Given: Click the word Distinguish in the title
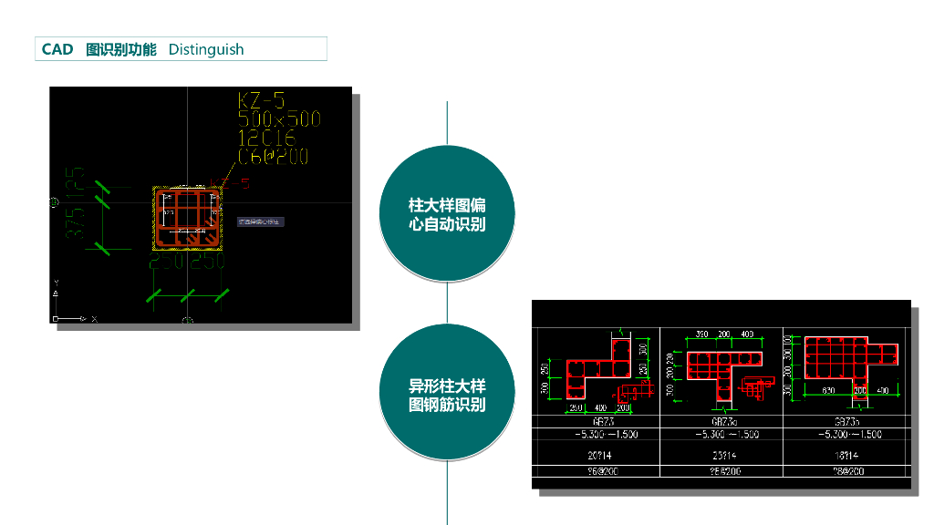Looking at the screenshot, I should point(206,49).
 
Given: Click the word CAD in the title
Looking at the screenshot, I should point(57,49).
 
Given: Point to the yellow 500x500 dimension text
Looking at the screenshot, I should point(278,119).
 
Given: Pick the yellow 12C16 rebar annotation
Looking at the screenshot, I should point(267,138).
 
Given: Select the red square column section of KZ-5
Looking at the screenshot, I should point(187,218).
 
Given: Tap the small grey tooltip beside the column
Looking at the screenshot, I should point(261,221).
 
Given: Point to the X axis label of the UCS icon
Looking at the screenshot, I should point(94,319).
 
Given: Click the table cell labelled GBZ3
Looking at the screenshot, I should point(603,422).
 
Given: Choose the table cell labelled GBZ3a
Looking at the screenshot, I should point(723,422).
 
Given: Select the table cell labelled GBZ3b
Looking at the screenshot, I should point(846,422).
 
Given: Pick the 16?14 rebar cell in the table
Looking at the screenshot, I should point(846,453).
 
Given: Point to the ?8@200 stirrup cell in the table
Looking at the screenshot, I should point(846,471).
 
